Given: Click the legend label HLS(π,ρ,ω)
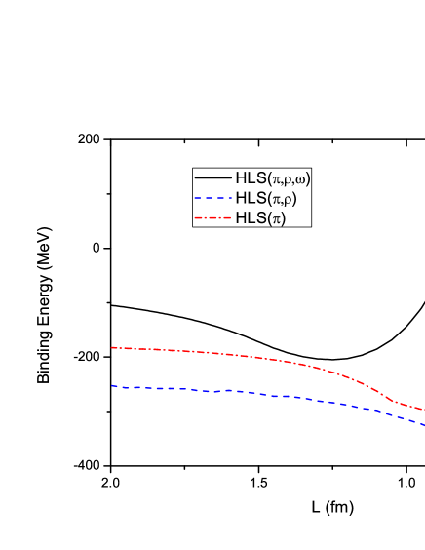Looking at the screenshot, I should (x=272, y=178).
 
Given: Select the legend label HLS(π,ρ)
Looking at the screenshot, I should (x=265, y=199).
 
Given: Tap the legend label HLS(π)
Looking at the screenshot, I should (x=259, y=218).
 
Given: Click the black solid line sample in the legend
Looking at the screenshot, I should (x=212, y=178).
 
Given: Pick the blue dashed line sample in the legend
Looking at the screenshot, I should (x=212, y=199).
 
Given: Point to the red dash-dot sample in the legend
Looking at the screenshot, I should (x=212, y=218).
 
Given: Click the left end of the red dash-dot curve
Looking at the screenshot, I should (x=111, y=347).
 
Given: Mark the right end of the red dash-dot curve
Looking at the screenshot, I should (x=424, y=411).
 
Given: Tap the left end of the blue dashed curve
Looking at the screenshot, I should (x=111, y=386).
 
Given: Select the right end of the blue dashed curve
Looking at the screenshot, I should (x=424, y=424).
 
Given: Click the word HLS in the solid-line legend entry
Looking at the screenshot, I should (x=250, y=178).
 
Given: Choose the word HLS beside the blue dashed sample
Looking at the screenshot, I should (x=250, y=199).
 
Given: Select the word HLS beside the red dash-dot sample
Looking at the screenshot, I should (x=250, y=218).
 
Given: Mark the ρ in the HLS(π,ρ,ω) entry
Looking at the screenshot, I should (x=287, y=179).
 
